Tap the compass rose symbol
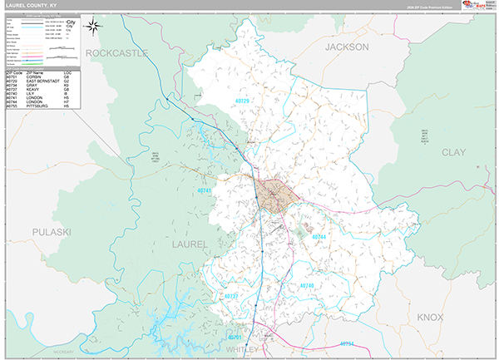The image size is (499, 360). click(93, 25)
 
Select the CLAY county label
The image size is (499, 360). click(453, 152)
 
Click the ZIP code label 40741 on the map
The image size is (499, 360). click(205, 190)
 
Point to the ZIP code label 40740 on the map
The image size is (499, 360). click(307, 285)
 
